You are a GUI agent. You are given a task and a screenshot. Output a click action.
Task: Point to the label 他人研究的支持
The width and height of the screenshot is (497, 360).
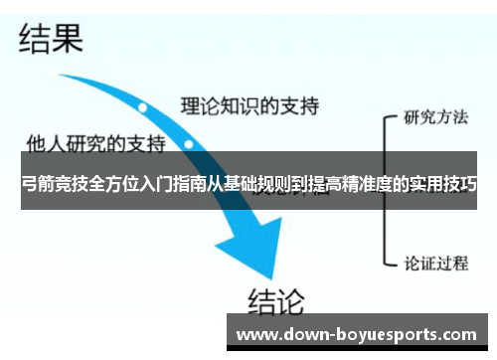tap(95, 143)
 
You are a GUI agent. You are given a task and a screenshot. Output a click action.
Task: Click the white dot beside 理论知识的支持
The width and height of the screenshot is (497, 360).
tap(143, 106)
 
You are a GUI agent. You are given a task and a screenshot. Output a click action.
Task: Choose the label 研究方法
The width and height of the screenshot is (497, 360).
tap(435, 116)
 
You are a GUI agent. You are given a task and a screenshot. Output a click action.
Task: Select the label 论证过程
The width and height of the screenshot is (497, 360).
tap(435, 264)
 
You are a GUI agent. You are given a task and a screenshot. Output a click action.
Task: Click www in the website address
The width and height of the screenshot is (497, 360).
tap(255, 334)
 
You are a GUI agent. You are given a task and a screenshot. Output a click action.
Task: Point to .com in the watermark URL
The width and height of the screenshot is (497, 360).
tap(458, 334)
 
